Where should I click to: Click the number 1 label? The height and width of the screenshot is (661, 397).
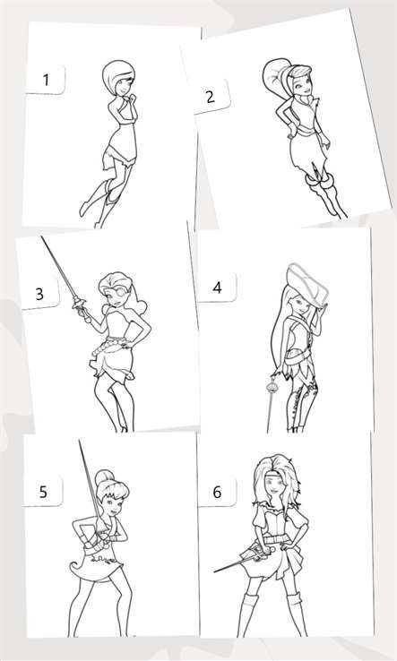tap(46, 80)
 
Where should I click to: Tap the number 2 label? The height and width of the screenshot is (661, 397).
tap(211, 97)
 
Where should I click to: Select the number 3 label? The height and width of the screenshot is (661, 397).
tap(39, 294)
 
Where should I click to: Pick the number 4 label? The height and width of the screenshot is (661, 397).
tap(217, 288)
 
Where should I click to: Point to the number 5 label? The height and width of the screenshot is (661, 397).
tap(43, 492)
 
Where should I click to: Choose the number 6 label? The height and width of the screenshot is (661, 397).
tap(217, 492)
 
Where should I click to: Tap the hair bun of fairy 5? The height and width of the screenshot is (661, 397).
tap(102, 477)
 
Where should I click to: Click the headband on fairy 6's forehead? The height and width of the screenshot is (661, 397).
tap(274, 478)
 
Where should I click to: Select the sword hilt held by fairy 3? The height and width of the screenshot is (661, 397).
tap(82, 308)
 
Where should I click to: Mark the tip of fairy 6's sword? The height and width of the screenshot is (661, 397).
tap(214, 572)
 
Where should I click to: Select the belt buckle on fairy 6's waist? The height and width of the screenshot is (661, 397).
tap(274, 539)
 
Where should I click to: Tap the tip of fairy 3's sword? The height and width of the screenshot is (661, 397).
tap(41, 236)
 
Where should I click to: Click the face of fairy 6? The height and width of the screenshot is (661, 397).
tap(274, 489)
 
